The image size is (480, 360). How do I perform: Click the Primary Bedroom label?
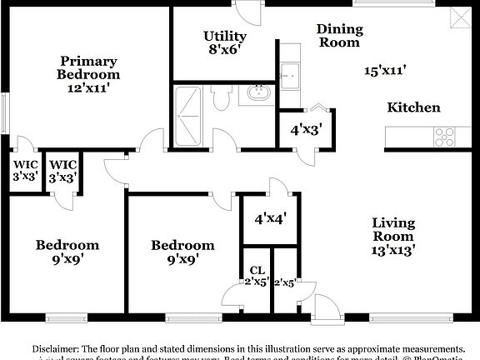tap(87, 67)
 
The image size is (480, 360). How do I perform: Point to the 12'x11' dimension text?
tap(87, 85)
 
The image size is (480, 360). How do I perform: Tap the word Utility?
tap(225, 36)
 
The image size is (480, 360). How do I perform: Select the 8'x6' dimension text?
tap(224, 50)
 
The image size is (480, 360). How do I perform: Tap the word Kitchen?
tap(413, 107)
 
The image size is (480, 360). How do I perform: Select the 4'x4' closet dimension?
tap(270, 219)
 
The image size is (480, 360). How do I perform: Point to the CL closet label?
tap(257, 270)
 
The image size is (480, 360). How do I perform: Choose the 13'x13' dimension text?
tap(392, 247)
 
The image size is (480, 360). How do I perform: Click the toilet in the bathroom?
tap(221, 99)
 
